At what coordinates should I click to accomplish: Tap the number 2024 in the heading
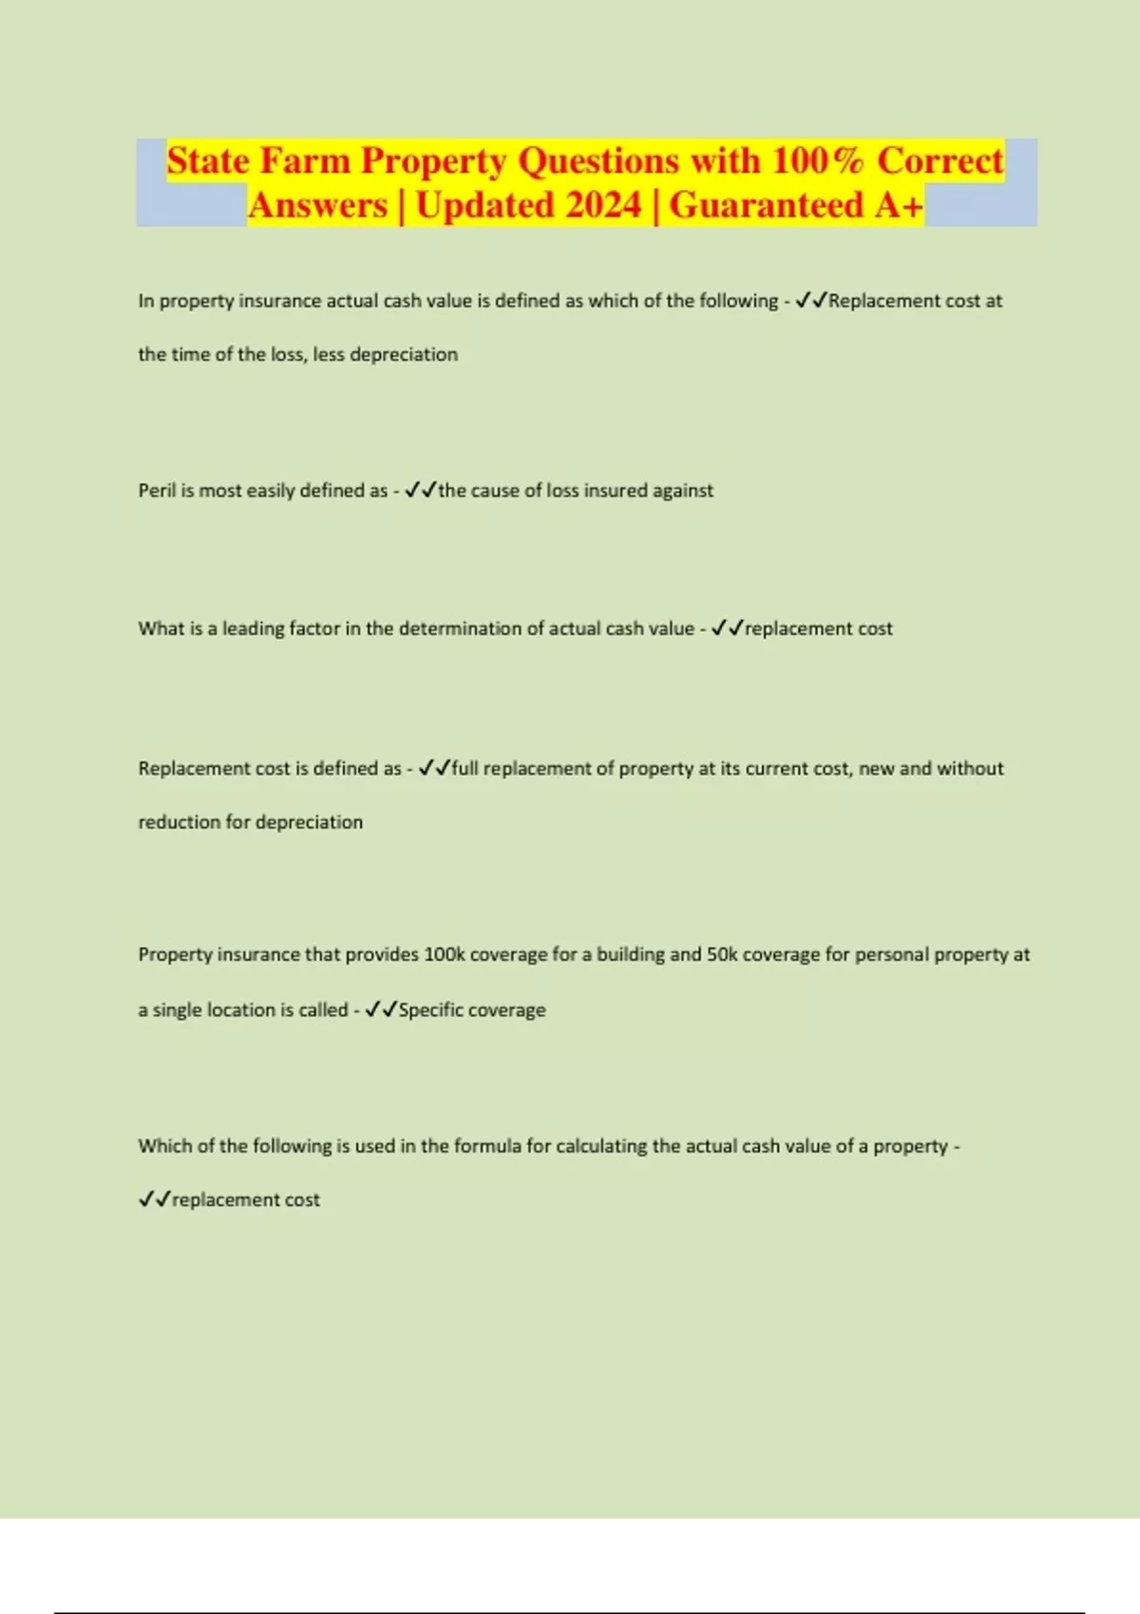pos(596,205)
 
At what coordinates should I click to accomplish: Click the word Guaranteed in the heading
pos(767,205)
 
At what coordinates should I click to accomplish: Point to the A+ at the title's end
pos(899,205)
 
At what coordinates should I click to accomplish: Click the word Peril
pos(157,491)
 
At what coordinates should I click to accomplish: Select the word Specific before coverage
pos(430,1010)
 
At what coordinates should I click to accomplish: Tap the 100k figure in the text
pos(444,954)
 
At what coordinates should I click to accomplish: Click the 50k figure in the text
pos(722,954)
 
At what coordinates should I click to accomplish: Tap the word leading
pos(253,629)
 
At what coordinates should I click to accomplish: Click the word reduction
pos(180,822)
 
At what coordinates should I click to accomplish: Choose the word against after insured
pos(683,491)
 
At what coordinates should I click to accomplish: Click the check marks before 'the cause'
pos(421,491)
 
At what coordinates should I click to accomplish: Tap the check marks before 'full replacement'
pos(434,768)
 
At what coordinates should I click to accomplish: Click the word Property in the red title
pos(433,160)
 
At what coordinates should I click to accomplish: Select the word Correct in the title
pos(940,160)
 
